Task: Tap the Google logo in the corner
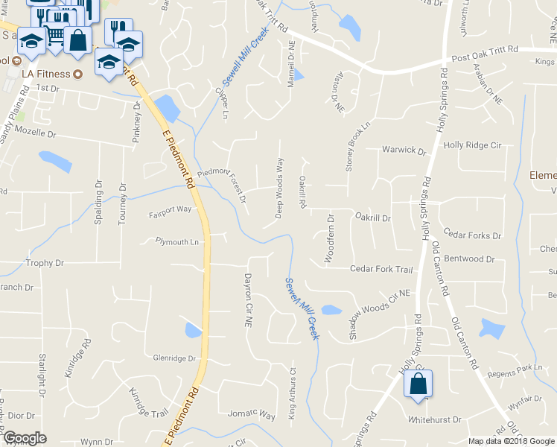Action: (25, 438)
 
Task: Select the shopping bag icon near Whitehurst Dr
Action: (418, 384)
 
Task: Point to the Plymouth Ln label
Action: (177, 241)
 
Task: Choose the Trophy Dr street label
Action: (45, 263)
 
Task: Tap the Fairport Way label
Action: (171, 209)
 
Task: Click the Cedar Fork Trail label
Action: (381, 269)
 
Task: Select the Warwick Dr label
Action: (404, 150)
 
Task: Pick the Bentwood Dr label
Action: (469, 259)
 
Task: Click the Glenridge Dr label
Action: (174, 358)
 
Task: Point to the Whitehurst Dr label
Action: (435, 420)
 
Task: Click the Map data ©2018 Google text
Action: (511, 441)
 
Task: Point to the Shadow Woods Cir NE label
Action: (379, 305)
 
